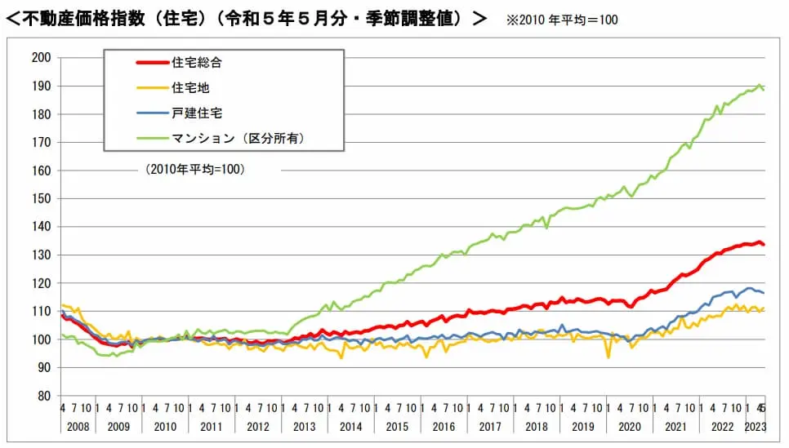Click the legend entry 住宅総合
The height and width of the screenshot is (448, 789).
[196, 63]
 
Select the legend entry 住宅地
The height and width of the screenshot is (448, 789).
[189, 87]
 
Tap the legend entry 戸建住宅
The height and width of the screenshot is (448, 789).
[196, 113]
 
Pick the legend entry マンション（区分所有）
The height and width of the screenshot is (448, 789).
[238, 139]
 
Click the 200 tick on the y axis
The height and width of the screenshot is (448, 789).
[41, 58]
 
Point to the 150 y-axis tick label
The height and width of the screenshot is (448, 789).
[41, 198]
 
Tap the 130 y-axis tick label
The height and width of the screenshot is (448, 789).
[41, 255]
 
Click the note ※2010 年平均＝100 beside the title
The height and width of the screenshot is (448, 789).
[562, 20]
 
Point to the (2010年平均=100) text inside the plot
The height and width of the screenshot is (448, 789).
[196, 170]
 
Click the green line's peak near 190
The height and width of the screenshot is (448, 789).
[760, 85]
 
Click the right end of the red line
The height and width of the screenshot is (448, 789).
[763, 244]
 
